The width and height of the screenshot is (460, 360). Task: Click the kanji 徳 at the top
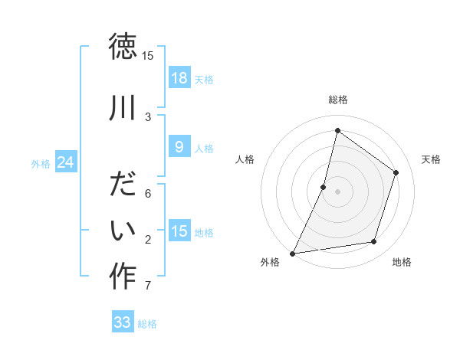[x=123, y=47]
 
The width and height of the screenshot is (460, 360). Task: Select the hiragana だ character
[x=123, y=185]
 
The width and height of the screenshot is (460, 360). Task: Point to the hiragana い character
[x=123, y=230]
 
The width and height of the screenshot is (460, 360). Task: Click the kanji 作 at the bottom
[x=123, y=276]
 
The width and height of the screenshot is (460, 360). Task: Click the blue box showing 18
[x=179, y=78]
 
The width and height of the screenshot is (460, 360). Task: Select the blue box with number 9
[x=179, y=147]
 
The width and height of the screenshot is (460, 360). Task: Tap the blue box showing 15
[x=179, y=231]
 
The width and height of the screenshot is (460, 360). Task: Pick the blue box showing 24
[x=66, y=162]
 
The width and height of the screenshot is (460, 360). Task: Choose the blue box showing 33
[x=123, y=322]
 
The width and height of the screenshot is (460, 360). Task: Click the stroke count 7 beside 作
[x=147, y=286]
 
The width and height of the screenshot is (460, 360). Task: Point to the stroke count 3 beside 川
[x=147, y=116]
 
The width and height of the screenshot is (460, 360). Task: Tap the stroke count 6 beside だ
[x=147, y=194]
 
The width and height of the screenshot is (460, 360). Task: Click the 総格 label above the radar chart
[x=337, y=100]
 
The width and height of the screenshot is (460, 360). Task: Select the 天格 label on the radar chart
[x=431, y=159]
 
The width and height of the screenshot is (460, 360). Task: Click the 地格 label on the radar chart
[x=402, y=262]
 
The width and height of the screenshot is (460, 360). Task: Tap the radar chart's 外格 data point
[x=292, y=253]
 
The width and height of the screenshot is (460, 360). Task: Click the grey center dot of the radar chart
[x=337, y=191]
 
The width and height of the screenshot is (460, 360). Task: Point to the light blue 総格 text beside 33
[x=147, y=324]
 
